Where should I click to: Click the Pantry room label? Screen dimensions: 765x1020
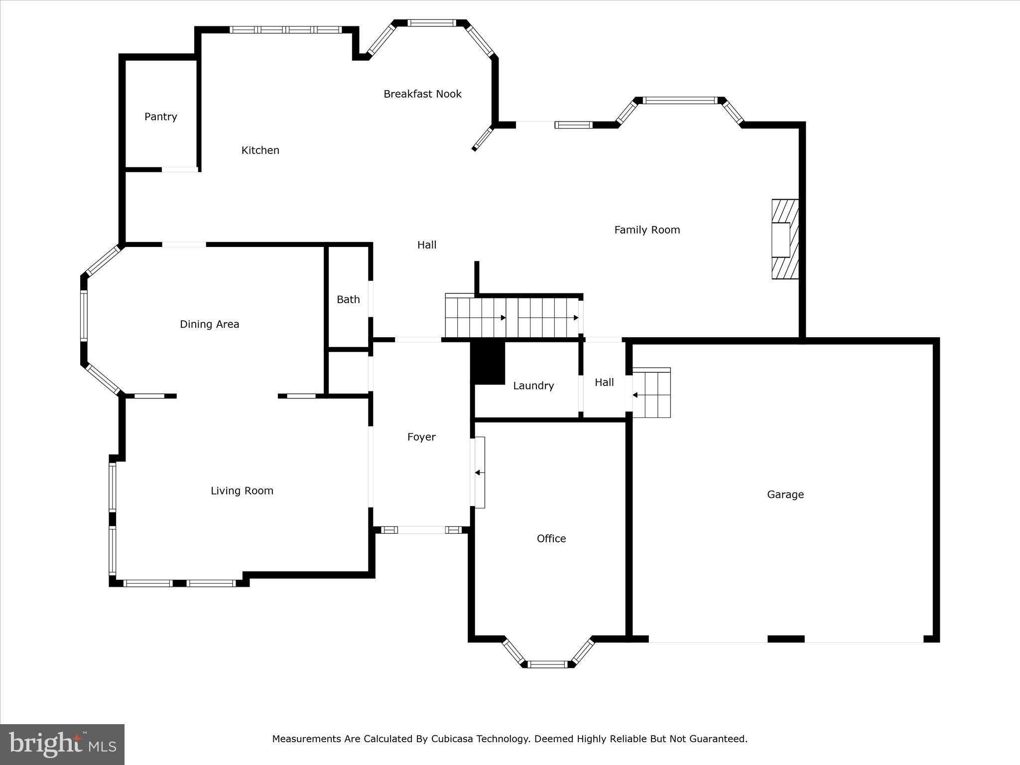tap(160, 117)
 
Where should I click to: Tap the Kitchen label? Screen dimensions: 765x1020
tap(260, 150)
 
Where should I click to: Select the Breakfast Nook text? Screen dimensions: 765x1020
tap(422, 94)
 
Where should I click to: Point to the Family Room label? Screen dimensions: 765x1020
tap(646, 230)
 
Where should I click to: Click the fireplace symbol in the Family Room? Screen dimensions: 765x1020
tap(784, 239)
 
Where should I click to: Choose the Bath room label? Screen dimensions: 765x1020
tap(348, 299)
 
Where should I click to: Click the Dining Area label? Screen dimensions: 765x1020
tap(209, 324)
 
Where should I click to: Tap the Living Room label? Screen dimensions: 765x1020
tap(242, 491)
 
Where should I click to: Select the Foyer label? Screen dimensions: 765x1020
tap(421, 437)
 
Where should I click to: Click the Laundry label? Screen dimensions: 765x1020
tap(533, 386)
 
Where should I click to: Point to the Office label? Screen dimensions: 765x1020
tap(551, 539)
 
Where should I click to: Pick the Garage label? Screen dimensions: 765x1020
tap(785, 495)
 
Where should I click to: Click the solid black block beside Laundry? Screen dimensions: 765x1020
tap(488, 363)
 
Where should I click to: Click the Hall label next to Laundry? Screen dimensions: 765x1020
tap(604, 382)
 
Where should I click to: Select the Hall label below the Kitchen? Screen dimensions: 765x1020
tap(426, 245)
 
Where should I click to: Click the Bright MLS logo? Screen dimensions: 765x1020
tap(62, 744)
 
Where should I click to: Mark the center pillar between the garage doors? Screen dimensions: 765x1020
tap(785, 639)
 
